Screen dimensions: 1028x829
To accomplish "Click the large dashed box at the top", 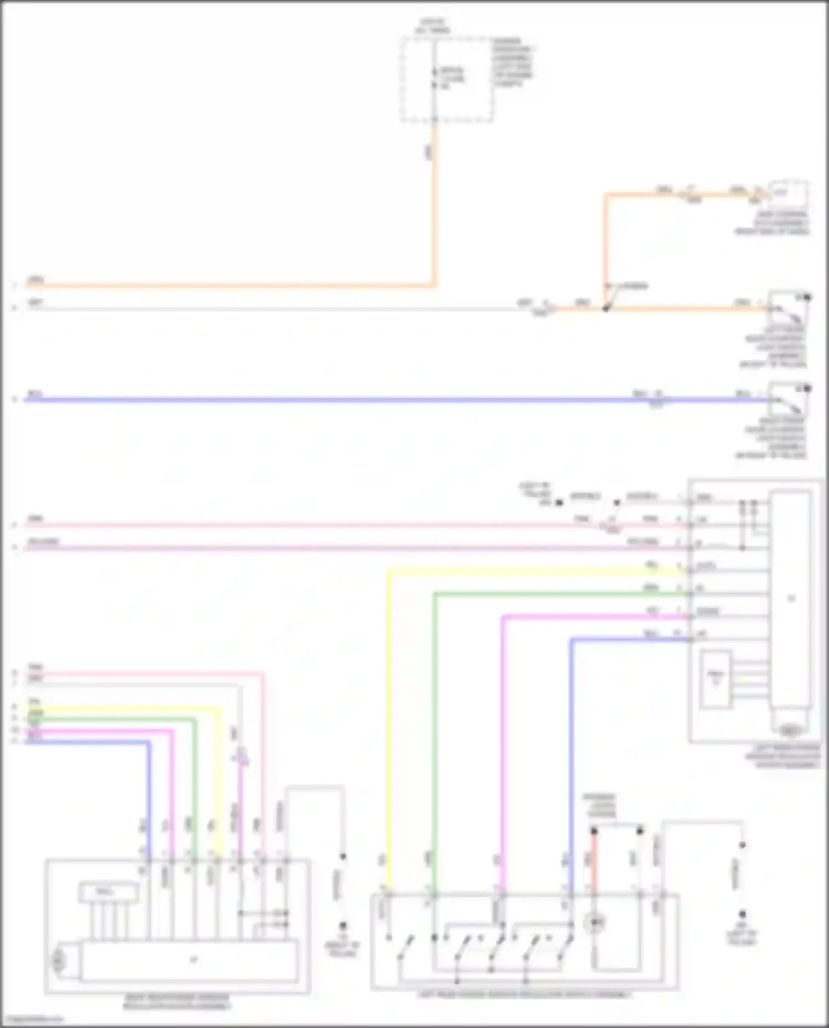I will (x=447, y=80).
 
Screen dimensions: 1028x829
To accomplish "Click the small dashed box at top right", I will (x=789, y=193).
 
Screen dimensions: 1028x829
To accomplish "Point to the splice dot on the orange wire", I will (x=606, y=308).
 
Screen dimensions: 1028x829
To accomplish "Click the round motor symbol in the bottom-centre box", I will (x=595, y=922).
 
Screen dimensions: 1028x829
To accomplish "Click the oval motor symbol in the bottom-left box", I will (x=57, y=962).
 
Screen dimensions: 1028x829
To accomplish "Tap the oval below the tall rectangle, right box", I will (x=790, y=731).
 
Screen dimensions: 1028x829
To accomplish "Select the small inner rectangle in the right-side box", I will (x=715, y=679).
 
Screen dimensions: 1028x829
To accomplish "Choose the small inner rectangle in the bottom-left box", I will (x=108, y=892).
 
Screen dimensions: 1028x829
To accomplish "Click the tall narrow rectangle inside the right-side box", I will (x=791, y=599).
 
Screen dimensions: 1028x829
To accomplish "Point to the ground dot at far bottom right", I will (x=743, y=914).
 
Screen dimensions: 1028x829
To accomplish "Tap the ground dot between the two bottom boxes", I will (x=343, y=925).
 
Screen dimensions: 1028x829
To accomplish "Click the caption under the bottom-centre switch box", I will (x=524, y=994).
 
